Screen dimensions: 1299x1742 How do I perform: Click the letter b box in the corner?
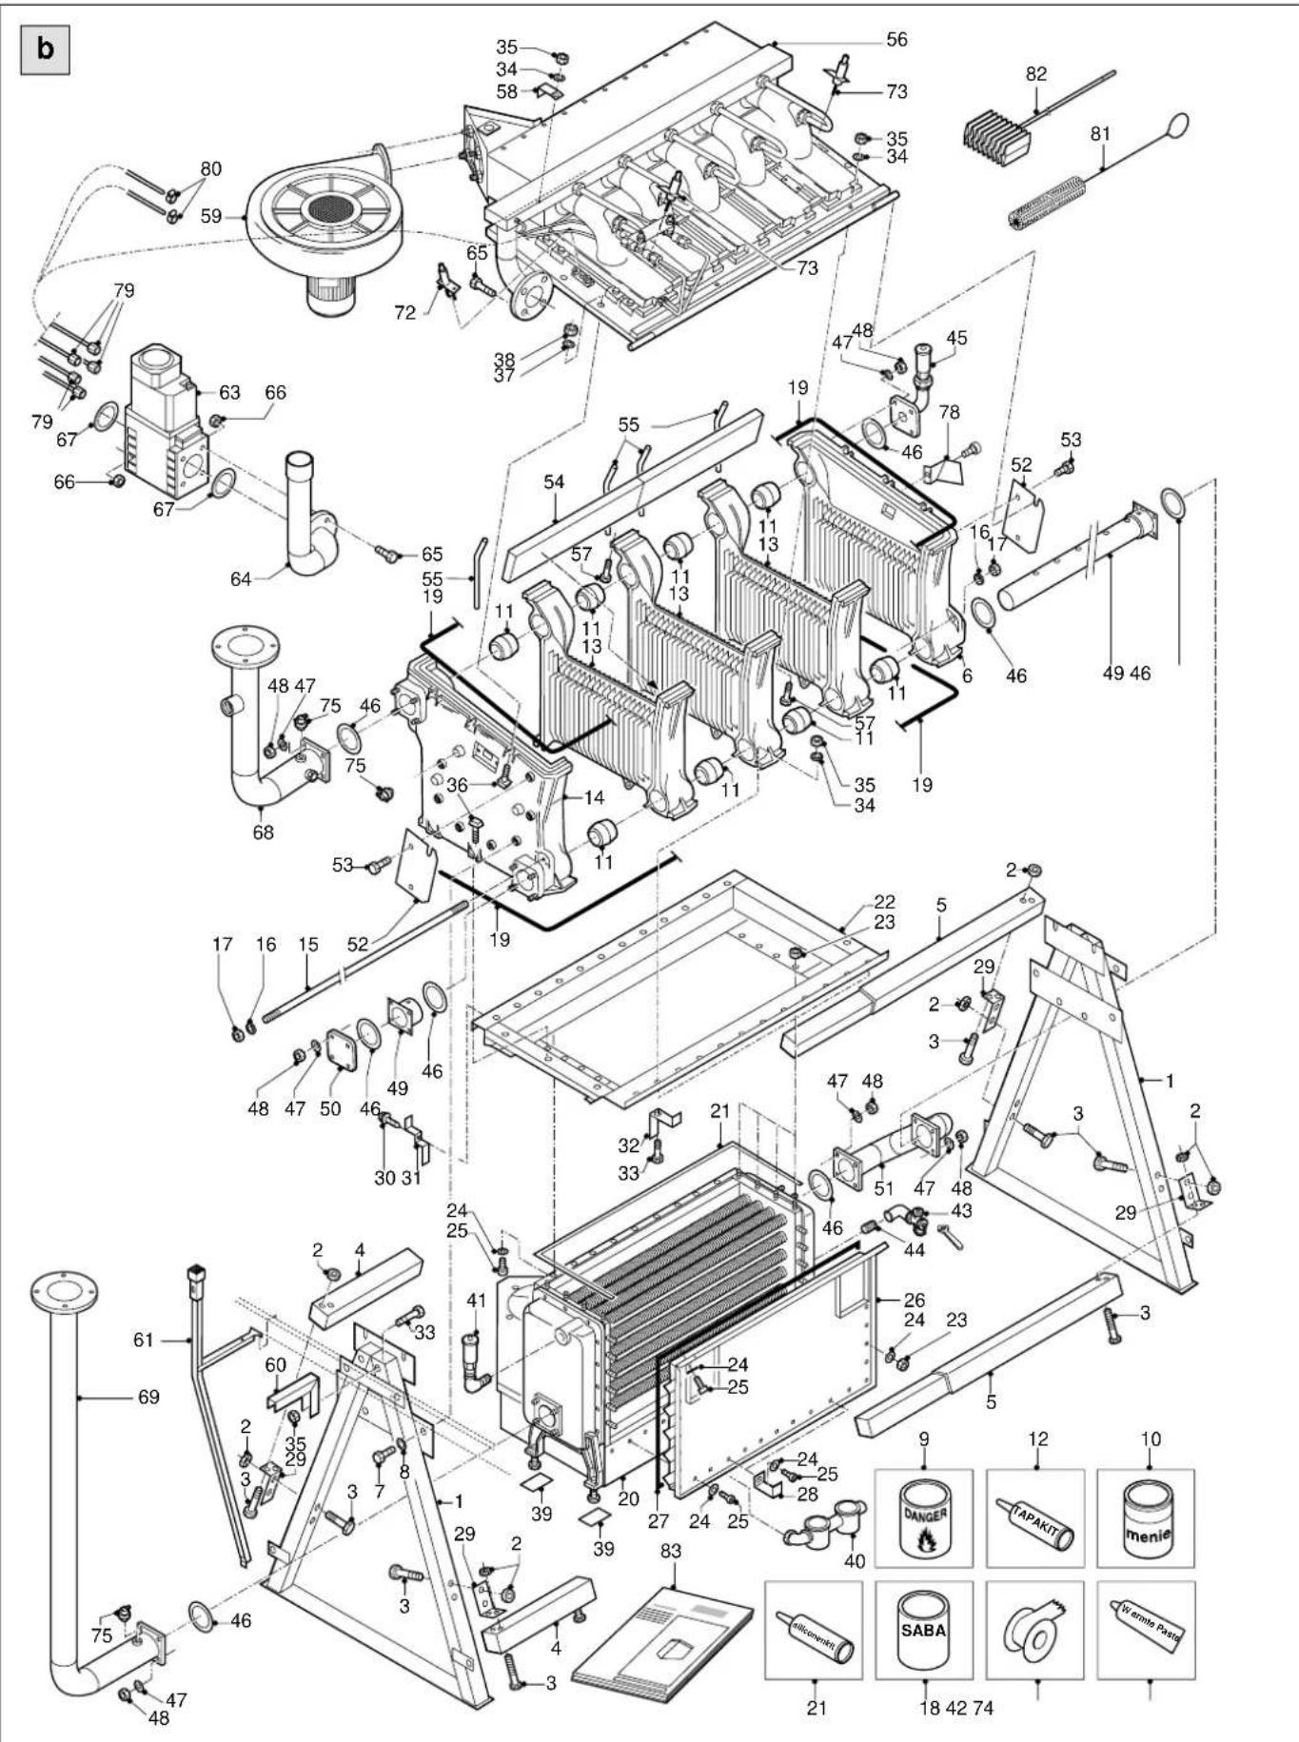pyautogui.click(x=45, y=50)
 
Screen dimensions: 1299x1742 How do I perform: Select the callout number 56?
pyautogui.click(x=896, y=40)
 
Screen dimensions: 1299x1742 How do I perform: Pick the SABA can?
pyautogui.click(x=922, y=1631)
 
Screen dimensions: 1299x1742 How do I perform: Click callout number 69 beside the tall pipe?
pyautogui.click(x=148, y=1398)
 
